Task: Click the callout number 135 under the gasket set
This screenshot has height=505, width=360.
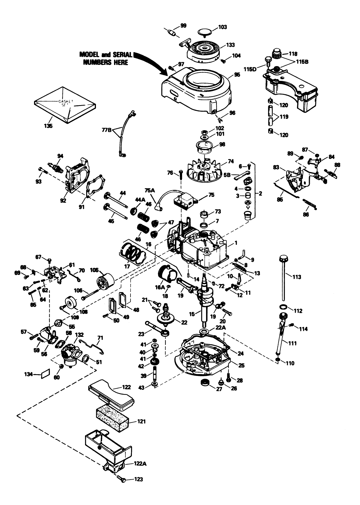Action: [48, 126]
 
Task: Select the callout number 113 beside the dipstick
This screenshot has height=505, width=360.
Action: [297, 277]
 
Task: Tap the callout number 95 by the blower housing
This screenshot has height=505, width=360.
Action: [237, 75]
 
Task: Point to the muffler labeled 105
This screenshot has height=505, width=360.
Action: [105, 282]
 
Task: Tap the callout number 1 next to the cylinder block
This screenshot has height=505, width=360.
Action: [236, 243]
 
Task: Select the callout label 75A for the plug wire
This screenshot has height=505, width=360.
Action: [150, 191]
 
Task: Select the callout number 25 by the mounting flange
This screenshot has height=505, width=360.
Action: [241, 365]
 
